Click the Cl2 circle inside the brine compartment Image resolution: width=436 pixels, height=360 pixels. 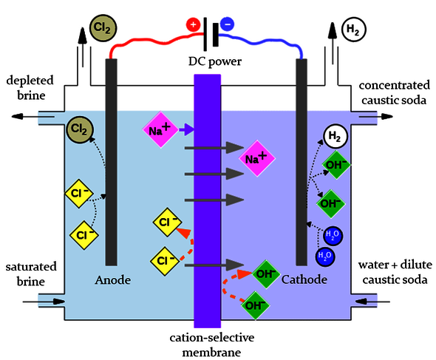pyautogui.click(x=79, y=130)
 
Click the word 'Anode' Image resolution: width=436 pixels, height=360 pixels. pyautogui.click(x=113, y=280)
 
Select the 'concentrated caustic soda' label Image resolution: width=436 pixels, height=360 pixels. pyautogui.click(x=395, y=86)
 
